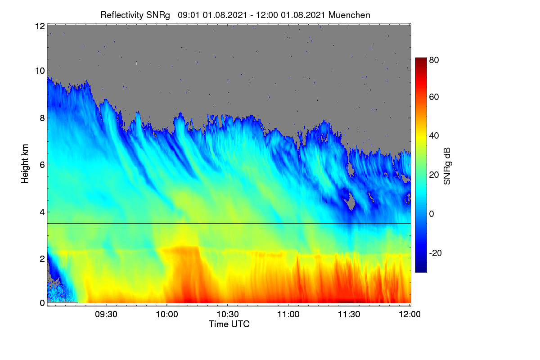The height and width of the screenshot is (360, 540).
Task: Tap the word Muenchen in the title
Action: coord(349,15)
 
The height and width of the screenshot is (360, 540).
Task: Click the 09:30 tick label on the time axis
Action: coord(106,314)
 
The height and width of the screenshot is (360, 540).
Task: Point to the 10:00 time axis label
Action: coord(167,314)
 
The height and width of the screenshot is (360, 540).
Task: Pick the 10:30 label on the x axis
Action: coord(228,314)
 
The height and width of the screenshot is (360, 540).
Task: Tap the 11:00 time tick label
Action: coord(288,314)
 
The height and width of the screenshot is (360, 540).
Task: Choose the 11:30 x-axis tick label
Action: coord(349,314)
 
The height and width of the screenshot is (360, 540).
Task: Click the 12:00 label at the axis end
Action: coord(409,314)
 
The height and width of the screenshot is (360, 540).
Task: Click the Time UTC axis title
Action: coord(229,324)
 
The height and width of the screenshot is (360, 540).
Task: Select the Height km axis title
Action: coord(25,164)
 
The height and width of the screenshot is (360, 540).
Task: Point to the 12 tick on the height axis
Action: coord(40,26)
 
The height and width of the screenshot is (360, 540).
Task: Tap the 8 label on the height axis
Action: coord(42,118)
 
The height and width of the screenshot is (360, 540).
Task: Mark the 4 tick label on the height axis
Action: coord(42,212)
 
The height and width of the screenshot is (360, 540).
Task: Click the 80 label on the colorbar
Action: coord(434,60)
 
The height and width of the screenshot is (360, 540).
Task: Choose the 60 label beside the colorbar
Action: coord(434,97)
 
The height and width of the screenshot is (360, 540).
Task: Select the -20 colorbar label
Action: coord(436,253)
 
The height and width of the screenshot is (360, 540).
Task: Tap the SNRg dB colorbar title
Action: coord(447,166)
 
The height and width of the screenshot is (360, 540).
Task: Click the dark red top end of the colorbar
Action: coord(421,58)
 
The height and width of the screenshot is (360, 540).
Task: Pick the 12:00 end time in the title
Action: coord(266,15)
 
